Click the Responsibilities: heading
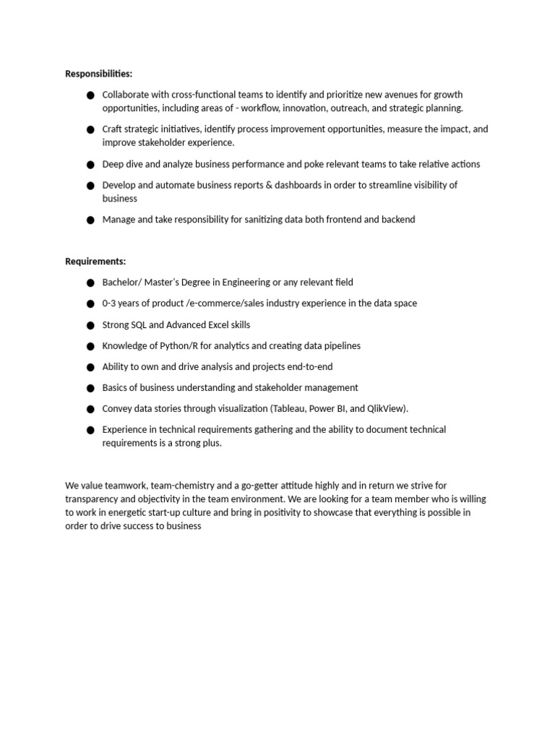coord(99,74)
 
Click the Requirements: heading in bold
coord(95,261)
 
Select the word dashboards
coord(298,185)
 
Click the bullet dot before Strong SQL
coord(90,326)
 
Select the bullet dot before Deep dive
coord(90,165)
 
